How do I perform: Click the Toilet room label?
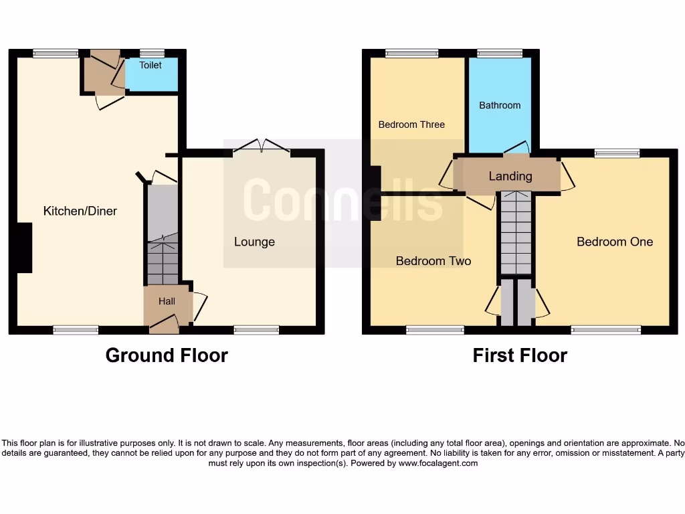[151, 66]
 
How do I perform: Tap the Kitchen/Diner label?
[80, 211]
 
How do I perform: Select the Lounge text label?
[254, 242]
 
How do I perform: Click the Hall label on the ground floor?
[167, 302]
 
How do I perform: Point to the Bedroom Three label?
[411, 124]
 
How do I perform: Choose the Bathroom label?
[500, 106]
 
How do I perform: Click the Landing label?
[510, 177]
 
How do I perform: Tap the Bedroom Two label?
[433, 261]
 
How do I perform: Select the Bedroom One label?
[615, 242]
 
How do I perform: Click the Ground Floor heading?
[167, 355]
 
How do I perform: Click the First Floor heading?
[520, 355]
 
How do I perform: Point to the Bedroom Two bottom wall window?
[435, 329]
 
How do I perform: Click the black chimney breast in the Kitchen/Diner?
[25, 248]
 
